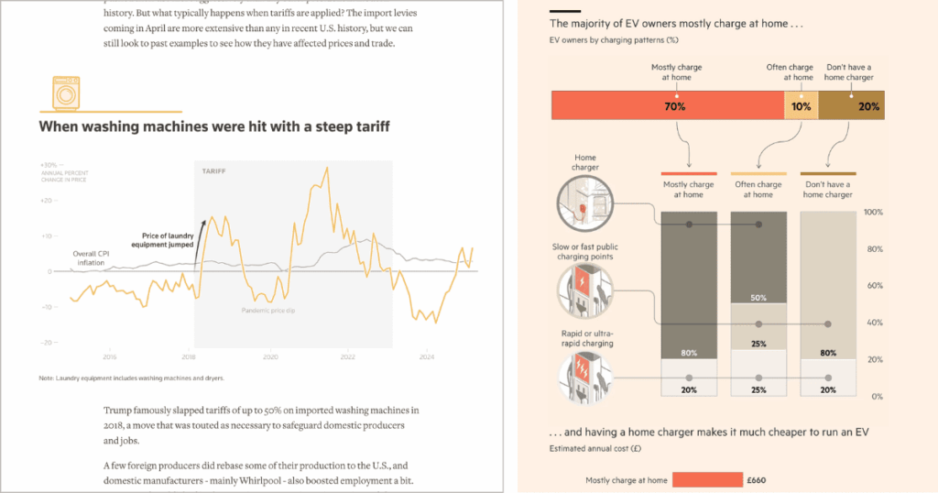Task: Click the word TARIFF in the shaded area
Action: point(214,171)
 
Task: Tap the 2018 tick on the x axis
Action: point(189,357)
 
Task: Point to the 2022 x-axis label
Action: point(347,357)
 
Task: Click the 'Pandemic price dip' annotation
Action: point(269,311)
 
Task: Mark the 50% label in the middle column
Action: point(758,298)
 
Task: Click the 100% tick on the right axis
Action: point(873,213)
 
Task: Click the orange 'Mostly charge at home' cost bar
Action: point(707,479)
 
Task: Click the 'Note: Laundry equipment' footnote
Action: point(131,378)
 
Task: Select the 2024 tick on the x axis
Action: point(426,357)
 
